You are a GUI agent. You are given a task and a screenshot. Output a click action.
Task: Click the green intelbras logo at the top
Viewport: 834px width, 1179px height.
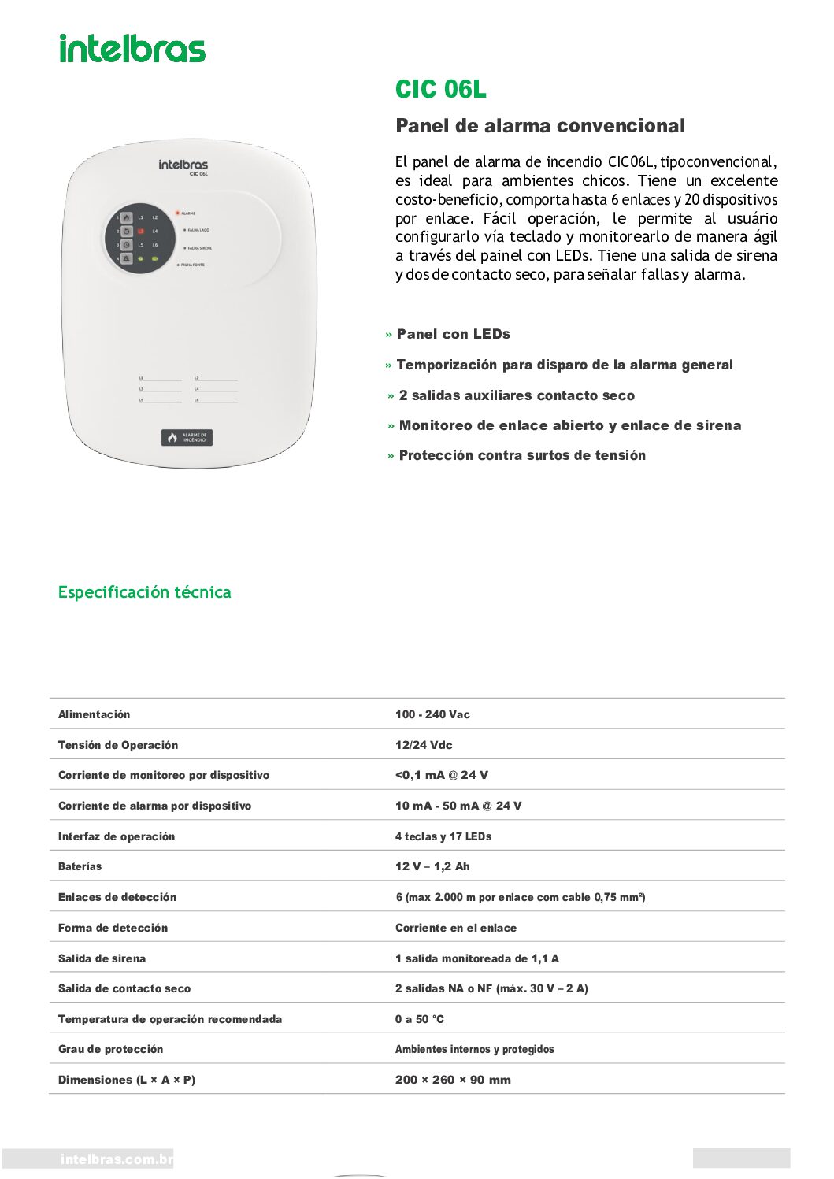coord(132,49)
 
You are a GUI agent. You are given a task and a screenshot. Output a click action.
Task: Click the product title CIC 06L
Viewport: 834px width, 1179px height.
coord(440,90)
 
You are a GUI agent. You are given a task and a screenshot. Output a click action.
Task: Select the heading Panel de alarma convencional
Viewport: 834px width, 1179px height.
coord(540,126)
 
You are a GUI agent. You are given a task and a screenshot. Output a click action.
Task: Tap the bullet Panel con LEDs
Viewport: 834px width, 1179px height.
coord(453,334)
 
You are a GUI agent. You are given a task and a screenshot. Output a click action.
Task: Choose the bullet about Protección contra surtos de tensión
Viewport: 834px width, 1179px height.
coord(521,455)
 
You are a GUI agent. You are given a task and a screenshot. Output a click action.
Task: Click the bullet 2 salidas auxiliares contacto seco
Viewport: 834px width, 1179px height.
coord(516,395)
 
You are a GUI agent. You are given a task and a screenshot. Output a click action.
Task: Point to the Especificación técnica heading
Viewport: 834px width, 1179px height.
coord(145,592)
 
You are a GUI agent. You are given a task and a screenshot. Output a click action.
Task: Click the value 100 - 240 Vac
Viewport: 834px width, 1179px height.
coord(432,714)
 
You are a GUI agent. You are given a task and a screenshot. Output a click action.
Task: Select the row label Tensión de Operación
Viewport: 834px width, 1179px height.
coord(118,745)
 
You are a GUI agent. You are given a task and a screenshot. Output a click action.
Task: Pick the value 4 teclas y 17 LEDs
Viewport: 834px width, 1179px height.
coord(443,836)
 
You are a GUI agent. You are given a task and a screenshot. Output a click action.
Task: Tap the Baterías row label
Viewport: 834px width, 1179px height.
coord(80,866)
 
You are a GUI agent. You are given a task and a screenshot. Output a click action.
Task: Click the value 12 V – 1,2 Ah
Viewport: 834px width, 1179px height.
coord(432,866)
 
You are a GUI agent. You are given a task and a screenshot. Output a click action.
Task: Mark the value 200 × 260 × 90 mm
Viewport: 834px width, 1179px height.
coord(453,1080)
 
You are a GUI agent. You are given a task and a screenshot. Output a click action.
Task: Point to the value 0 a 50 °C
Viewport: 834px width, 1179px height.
coord(420,1019)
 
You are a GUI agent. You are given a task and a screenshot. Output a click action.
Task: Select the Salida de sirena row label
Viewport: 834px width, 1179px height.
coord(102,958)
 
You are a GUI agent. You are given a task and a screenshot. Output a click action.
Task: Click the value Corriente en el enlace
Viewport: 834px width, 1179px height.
coord(456,928)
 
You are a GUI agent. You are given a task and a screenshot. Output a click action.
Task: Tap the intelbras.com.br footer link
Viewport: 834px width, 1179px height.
coord(117,1159)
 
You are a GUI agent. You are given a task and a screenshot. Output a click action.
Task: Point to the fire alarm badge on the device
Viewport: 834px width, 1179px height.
coord(187,438)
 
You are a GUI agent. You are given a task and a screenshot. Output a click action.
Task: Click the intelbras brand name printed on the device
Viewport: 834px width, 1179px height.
coord(183,165)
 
